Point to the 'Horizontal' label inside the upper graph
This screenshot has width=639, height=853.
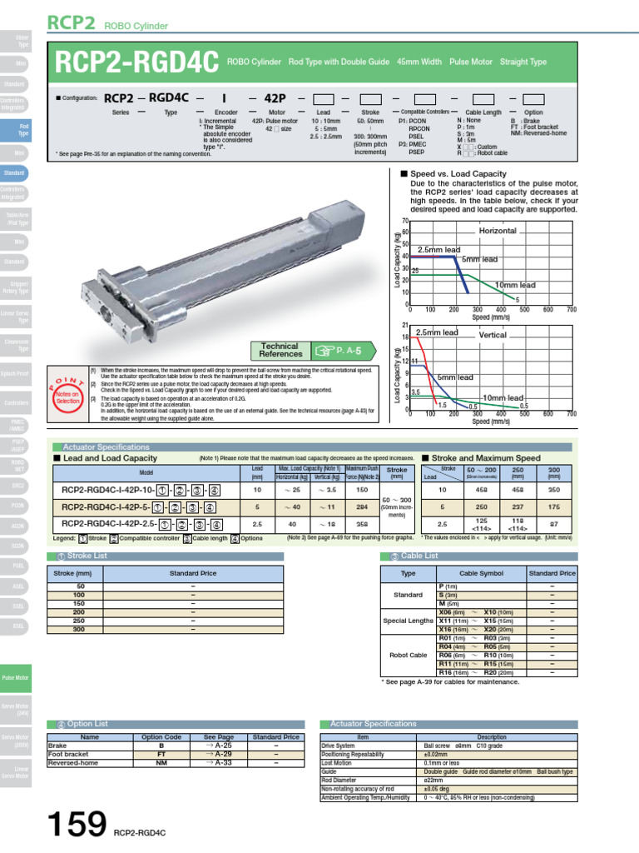(497, 231)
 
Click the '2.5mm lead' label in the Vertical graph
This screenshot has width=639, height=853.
(437, 332)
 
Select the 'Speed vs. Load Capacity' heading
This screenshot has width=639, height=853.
(458, 174)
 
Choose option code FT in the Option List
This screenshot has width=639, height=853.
(161, 754)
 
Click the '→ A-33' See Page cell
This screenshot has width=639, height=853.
(219, 762)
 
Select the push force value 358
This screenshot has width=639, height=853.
(362, 523)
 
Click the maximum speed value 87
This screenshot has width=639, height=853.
(552, 524)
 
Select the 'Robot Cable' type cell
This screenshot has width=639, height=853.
(408, 656)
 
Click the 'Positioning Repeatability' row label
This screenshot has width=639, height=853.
(353, 755)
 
